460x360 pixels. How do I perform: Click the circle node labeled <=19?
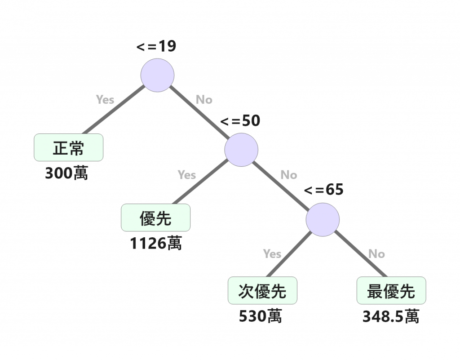tap(157, 76)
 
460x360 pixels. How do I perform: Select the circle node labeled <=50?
tap(241, 149)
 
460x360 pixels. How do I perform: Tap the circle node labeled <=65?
tap(323, 220)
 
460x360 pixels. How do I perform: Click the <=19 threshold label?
tap(156, 47)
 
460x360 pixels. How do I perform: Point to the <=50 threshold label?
tap(240, 120)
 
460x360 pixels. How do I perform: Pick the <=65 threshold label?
tap(323, 190)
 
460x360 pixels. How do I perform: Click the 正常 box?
tap(69, 147)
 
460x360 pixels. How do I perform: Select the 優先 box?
tap(155, 218)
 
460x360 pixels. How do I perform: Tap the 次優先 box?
tap(263, 291)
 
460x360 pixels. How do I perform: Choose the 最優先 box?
tap(391, 291)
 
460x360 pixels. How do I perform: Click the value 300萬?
tap(66, 173)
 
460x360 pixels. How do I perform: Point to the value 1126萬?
tap(155, 243)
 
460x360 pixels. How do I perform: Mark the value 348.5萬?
tap(390, 316)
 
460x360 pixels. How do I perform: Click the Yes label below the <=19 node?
tap(105, 100)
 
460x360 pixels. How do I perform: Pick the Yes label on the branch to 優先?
tap(186, 174)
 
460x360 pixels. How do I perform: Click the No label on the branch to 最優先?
tap(376, 254)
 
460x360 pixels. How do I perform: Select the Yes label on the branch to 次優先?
tap(272, 254)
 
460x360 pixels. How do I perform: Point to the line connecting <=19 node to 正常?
tap(118, 110)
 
